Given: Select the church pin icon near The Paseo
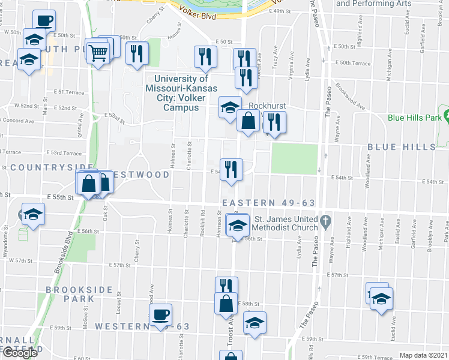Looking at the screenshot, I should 325,220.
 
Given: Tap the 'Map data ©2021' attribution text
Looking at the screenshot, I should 423,355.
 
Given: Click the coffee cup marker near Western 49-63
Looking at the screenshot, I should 161,314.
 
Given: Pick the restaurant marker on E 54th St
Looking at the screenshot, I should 231,169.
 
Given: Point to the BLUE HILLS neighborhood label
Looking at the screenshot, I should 401,147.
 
